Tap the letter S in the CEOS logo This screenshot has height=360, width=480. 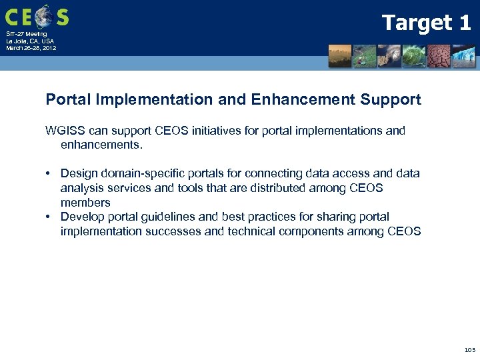61,16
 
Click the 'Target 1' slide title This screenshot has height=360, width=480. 426,23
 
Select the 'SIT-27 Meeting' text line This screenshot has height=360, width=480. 27,34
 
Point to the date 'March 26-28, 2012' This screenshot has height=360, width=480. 31,48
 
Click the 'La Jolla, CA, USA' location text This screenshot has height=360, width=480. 30,41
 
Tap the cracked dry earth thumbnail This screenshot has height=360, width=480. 439,56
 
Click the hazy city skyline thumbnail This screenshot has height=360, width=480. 340,56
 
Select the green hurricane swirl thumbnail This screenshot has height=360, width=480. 414,56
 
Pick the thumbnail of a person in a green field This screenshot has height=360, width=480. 365,56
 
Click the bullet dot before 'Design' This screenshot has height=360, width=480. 49,174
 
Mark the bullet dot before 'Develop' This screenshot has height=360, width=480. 49,217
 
